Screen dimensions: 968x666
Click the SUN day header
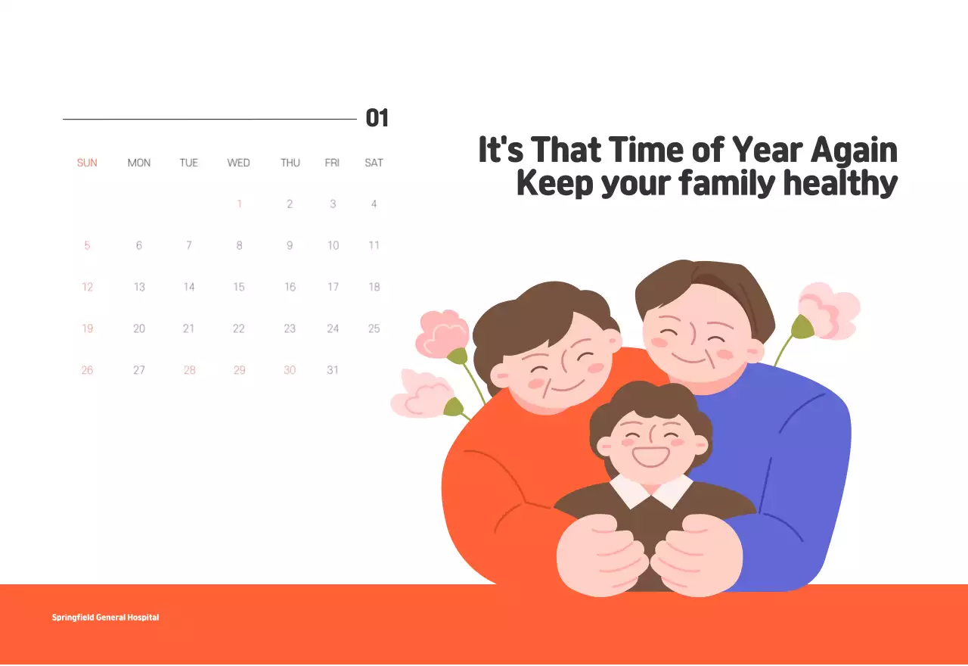(x=87, y=163)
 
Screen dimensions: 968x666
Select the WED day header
(x=238, y=163)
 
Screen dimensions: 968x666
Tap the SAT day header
(x=374, y=163)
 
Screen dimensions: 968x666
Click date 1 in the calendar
(x=240, y=204)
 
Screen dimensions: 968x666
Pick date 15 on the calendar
(x=239, y=287)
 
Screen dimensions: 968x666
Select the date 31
(x=332, y=370)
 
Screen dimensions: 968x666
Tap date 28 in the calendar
(x=189, y=370)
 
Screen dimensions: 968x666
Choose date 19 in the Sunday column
(x=87, y=328)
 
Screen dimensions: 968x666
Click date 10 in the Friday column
(x=333, y=245)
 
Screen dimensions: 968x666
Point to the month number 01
(x=377, y=118)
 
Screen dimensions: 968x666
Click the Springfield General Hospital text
(x=105, y=617)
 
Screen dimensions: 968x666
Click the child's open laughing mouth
(x=650, y=456)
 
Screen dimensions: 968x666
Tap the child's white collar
(x=651, y=491)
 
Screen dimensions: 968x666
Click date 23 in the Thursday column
(x=290, y=328)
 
